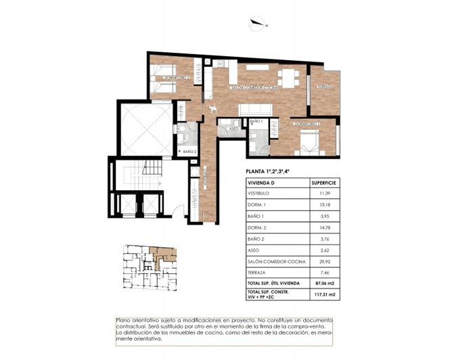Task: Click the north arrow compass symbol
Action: point(258,25)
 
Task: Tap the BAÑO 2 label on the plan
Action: point(189,152)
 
